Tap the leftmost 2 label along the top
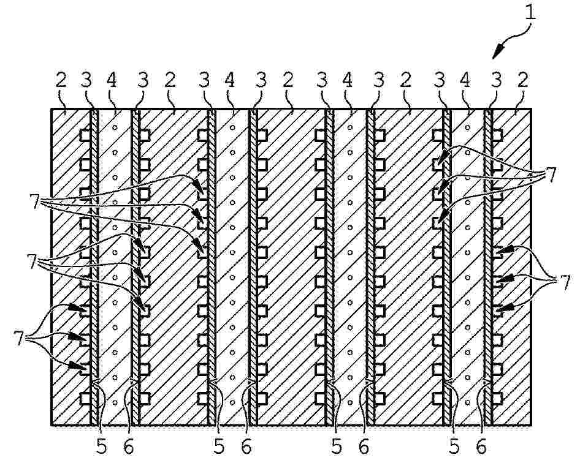pyautogui.click(x=61, y=80)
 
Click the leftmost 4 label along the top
pyautogui.click(x=112, y=80)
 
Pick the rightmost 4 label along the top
pyautogui.click(x=465, y=80)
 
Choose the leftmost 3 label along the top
pyautogui.click(x=86, y=80)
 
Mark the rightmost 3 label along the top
pyautogui.click(x=496, y=80)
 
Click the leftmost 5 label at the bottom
pyautogui.click(x=102, y=446)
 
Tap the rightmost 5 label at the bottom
pyautogui.click(x=454, y=446)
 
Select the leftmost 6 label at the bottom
pyautogui.click(x=129, y=446)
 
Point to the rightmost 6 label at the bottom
pyautogui.click(x=481, y=446)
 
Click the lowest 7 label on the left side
pyautogui.click(x=19, y=338)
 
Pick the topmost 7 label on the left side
pyautogui.click(x=35, y=201)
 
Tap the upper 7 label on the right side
pyautogui.click(x=550, y=174)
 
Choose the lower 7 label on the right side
pyautogui.click(x=564, y=282)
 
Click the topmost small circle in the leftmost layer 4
pyautogui.click(x=115, y=127)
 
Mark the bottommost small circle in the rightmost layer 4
pyautogui.click(x=467, y=403)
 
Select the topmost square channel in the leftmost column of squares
pyautogui.click(x=86, y=135)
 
